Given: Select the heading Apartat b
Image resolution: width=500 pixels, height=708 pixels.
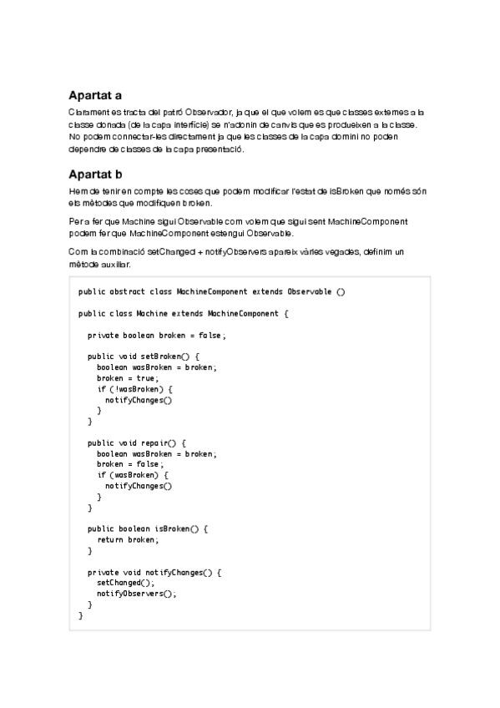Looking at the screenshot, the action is click(95, 174).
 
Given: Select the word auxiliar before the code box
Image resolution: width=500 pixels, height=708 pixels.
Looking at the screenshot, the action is click(114, 264).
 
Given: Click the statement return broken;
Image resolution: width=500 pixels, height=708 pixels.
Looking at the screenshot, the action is click(127, 540).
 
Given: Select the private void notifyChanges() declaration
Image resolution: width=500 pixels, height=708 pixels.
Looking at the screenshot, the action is click(154, 573).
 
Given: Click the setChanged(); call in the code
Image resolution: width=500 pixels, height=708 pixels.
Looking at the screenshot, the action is click(125, 583).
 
